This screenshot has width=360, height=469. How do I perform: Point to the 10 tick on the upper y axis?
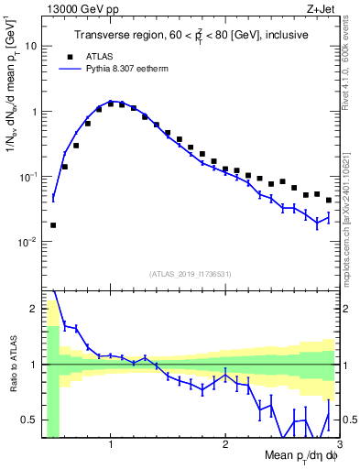[x=32, y=46]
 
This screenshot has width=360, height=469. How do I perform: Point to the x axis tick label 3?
[x=339, y=444]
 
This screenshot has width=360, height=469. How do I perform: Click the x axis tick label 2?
[x=225, y=444]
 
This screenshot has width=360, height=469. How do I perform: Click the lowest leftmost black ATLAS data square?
[x=53, y=224]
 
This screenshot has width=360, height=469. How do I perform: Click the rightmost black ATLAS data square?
[x=329, y=200]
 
